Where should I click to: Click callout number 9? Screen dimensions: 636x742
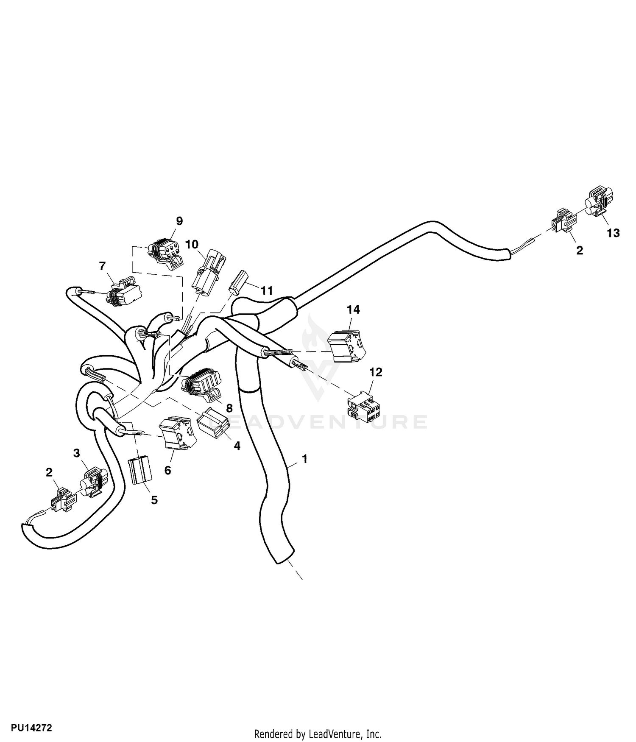[x=179, y=221]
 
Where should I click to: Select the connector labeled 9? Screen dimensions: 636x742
[x=166, y=254]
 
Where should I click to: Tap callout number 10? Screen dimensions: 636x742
[x=192, y=245]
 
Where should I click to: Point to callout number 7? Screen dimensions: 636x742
[x=102, y=266]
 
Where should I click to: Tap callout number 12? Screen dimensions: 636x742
[x=376, y=372]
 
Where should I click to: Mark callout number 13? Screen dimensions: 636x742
[x=613, y=233]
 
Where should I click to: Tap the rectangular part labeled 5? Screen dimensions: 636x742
[x=140, y=470]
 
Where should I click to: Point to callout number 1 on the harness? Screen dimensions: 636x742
[x=304, y=459]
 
